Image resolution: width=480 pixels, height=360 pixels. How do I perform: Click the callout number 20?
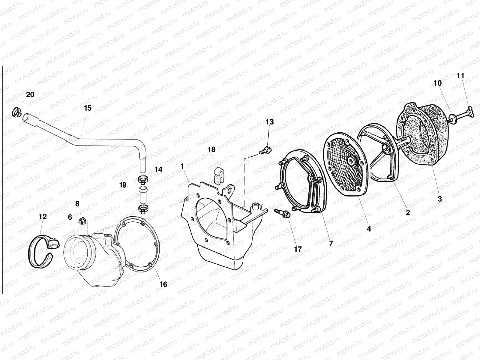coord(30,94)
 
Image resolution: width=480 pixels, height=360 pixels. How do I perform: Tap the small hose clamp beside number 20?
coord(17,112)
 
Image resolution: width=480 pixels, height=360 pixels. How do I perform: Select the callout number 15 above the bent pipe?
coord(88,108)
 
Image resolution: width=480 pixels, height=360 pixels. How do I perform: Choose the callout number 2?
coord(408,213)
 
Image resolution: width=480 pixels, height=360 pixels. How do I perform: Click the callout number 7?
coord(331,243)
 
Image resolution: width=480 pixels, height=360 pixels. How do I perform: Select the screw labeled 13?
coord(265,150)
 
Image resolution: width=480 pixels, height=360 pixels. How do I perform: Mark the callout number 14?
coord(158,170)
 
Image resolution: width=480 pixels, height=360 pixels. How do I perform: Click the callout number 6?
coord(70,217)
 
